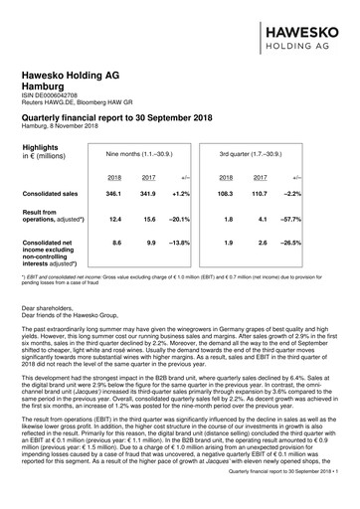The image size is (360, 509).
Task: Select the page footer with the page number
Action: [x=282, y=497]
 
